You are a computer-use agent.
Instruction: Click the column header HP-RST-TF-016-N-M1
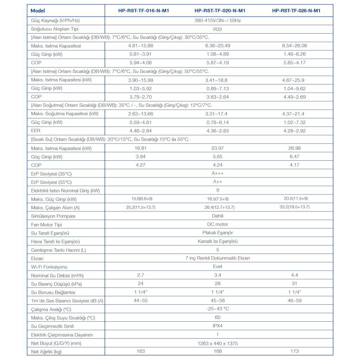[143, 11]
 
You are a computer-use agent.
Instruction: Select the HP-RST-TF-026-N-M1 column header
[296, 11]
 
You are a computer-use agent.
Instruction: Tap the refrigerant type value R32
[218, 29]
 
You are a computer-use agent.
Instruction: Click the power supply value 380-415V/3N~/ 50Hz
[218, 20]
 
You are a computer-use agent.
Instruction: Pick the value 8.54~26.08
[295, 46]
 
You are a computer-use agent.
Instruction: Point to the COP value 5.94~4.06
[141, 63]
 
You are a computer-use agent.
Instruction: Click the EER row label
[36, 131]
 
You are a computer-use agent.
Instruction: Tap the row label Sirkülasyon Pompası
[53, 216]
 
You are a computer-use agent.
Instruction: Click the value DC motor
[218, 224]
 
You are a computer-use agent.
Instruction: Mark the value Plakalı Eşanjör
[218, 233]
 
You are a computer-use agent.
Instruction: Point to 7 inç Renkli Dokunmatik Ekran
[218, 258]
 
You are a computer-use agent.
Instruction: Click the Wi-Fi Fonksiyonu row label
[49, 267]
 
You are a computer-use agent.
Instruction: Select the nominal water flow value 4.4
[295, 275]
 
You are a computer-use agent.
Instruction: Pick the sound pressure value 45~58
[218, 301]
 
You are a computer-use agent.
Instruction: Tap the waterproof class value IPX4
[218, 326]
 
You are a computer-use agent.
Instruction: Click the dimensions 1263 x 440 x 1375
[218, 343]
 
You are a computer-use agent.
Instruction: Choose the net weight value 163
[141, 351]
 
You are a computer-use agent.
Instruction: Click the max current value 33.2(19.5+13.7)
[295, 207]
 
